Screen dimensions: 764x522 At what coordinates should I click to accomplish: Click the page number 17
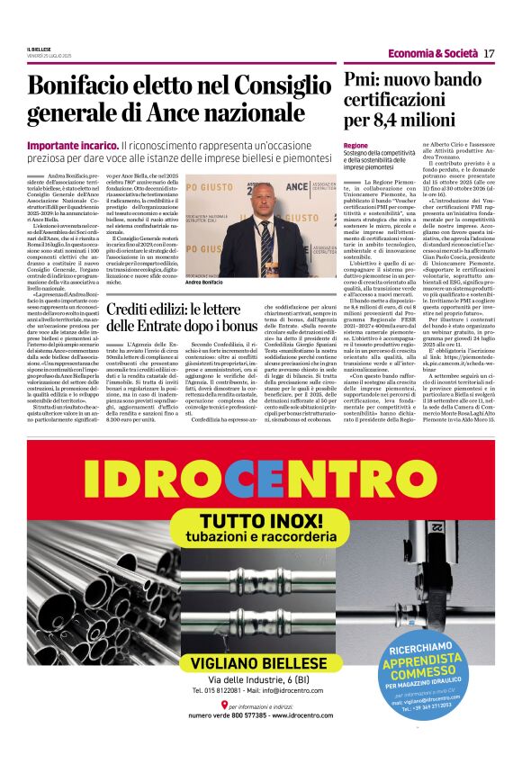click(490, 53)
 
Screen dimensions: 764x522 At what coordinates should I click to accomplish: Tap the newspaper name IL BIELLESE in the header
click(40, 49)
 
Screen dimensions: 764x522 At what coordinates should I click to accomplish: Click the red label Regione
click(356, 146)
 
